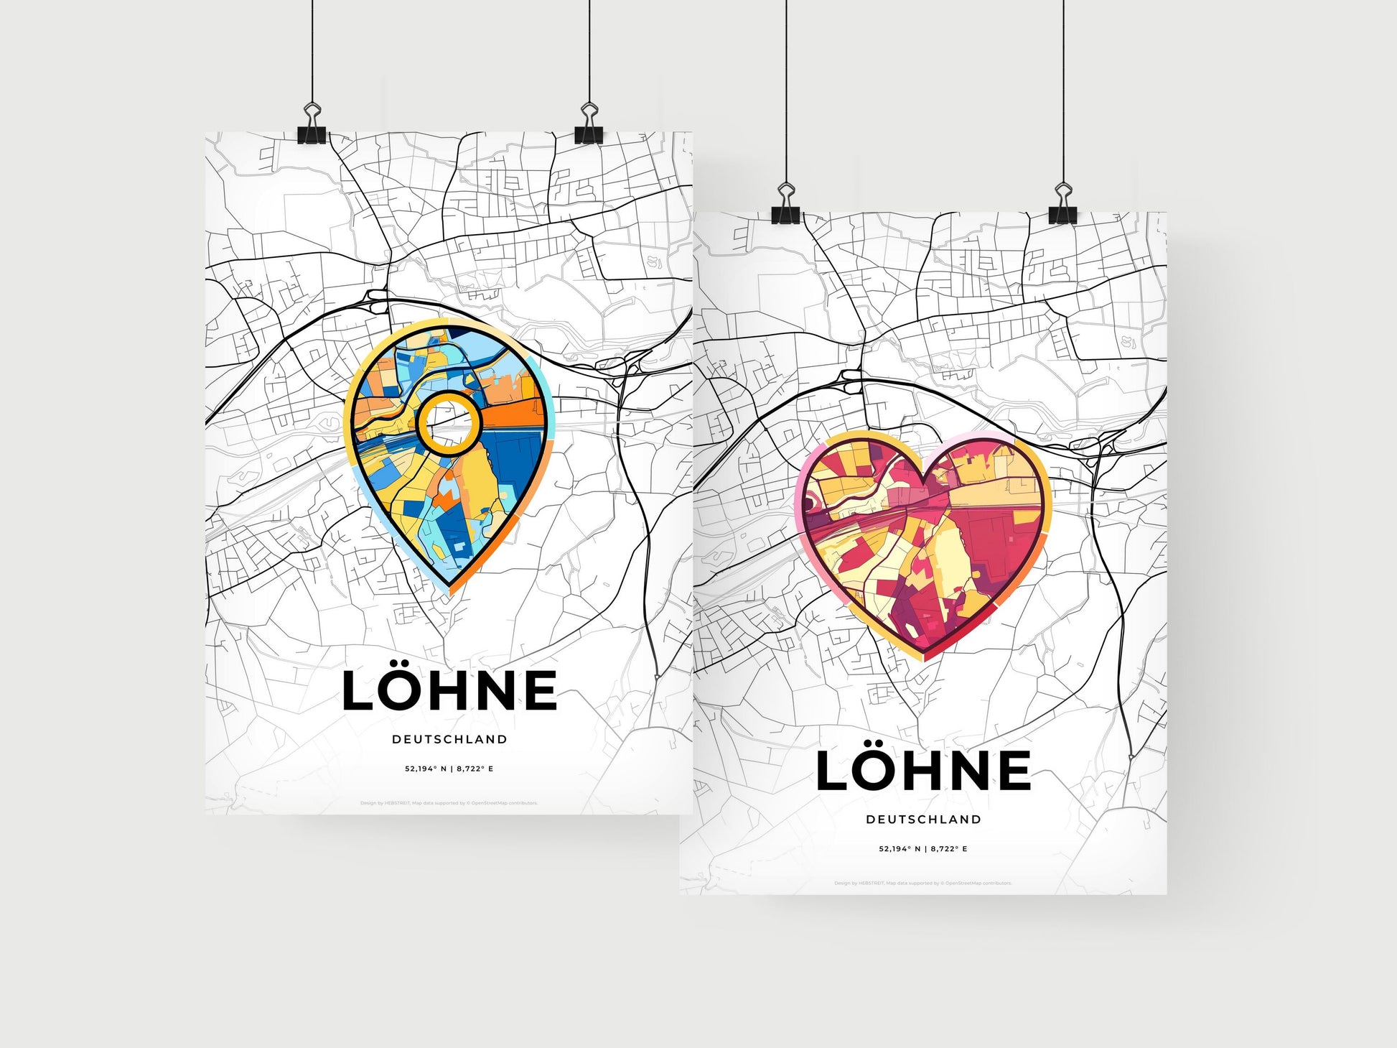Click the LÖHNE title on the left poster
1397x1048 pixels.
point(449,690)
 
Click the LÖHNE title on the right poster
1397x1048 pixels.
point(924,770)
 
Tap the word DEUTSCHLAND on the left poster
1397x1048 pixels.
point(449,739)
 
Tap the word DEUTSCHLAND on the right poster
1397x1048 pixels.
point(923,819)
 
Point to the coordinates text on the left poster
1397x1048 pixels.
point(449,769)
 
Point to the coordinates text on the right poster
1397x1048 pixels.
point(923,848)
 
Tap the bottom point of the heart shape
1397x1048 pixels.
point(924,657)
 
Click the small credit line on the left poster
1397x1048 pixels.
point(449,803)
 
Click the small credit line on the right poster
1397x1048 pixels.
point(923,883)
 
